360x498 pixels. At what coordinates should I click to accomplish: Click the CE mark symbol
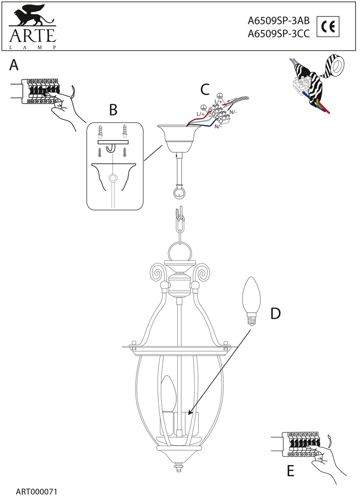click(328, 27)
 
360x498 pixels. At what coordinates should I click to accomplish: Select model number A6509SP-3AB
click(279, 21)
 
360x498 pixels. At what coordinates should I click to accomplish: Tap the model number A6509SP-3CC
click(279, 34)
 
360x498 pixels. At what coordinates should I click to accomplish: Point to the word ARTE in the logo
click(31, 37)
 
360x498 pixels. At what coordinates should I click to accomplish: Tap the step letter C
click(205, 89)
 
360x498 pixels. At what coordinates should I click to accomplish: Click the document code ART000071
click(37, 491)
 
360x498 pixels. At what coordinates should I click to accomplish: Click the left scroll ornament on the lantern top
click(158, 272)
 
